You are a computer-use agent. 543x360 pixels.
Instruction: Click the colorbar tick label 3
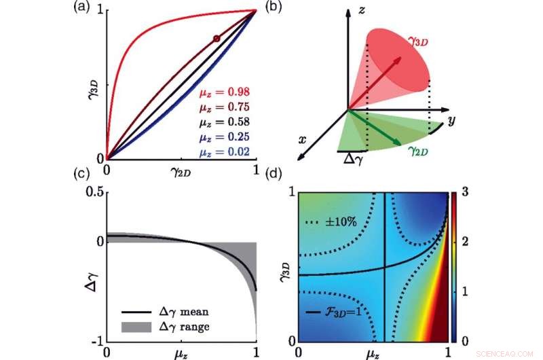(467, 193)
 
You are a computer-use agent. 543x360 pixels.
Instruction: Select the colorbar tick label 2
(467, 242)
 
